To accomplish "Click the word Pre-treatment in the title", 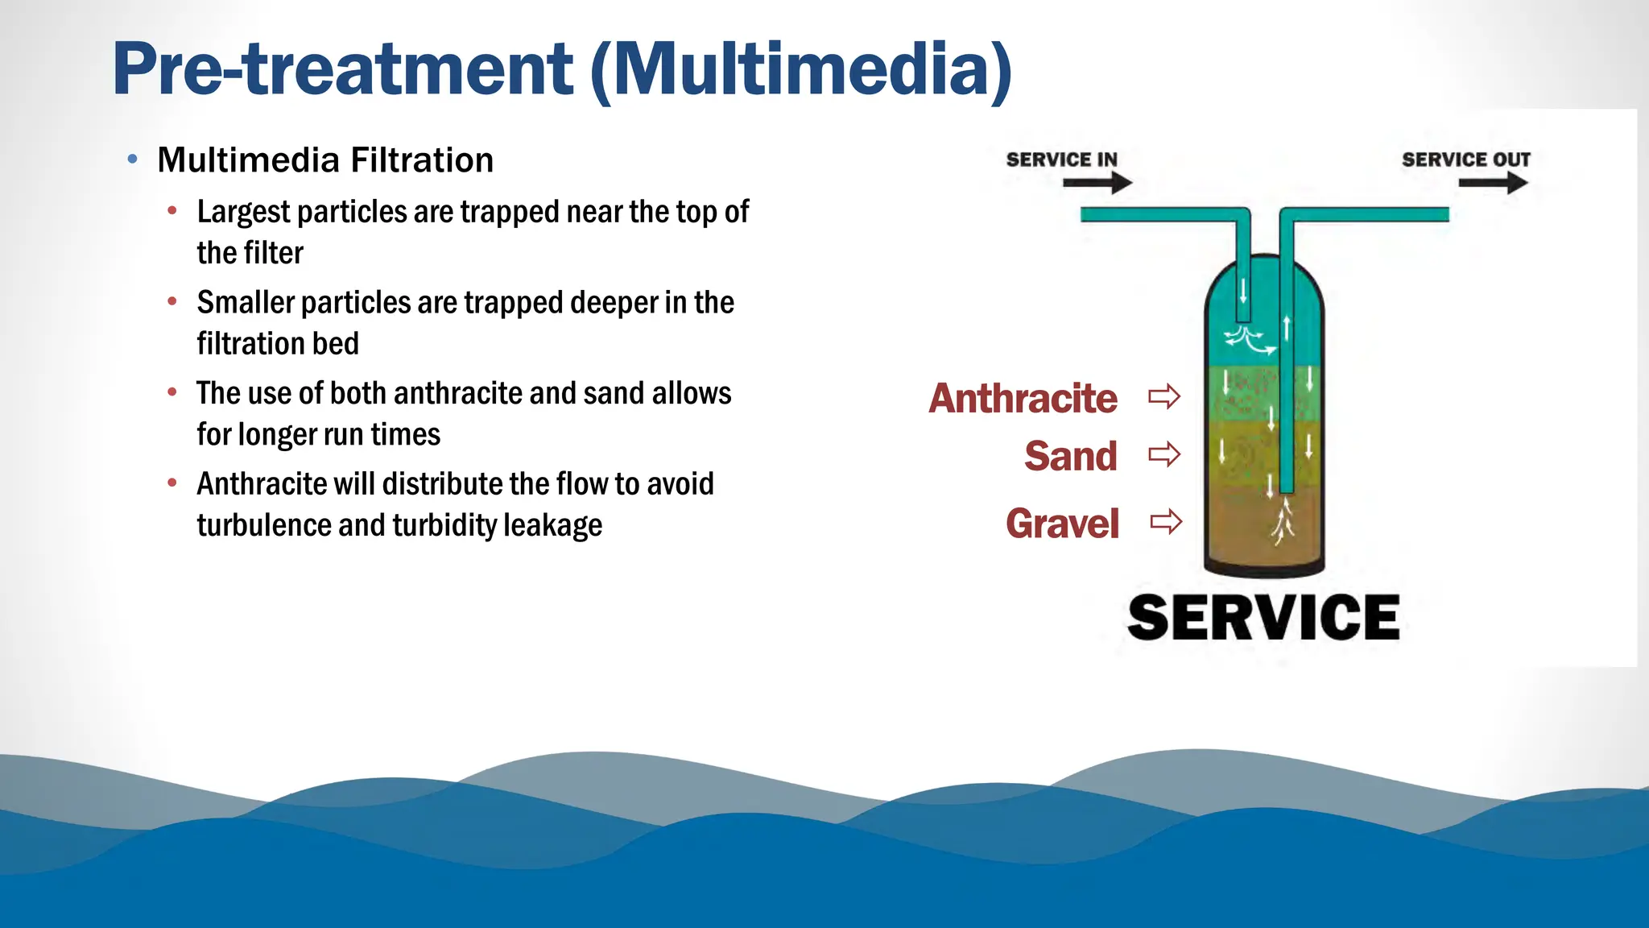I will coord(342,70).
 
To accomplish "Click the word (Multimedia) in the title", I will coord(801,70).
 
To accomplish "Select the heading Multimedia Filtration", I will coord(325,160).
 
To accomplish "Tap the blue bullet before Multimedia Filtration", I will coord(133,159).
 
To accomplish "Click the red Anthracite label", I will coord(1023,399).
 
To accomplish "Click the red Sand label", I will coord(1070,457).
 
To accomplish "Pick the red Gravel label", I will coord(1062,524).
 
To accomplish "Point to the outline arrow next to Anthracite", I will coord(1164,396).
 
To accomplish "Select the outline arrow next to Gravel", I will coord(1166,522).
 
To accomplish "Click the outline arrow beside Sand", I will coord(1164,455).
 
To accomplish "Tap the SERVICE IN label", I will coord(1061,159).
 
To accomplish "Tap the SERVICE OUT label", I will coord(1465,159).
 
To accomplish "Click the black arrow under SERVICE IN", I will coord(1097,184).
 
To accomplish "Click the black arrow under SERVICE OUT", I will coord(1493,184).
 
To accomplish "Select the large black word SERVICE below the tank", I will coord(1263,619).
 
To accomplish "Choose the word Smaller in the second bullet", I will coord(246,304).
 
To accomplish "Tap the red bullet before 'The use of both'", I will coord(172,393).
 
